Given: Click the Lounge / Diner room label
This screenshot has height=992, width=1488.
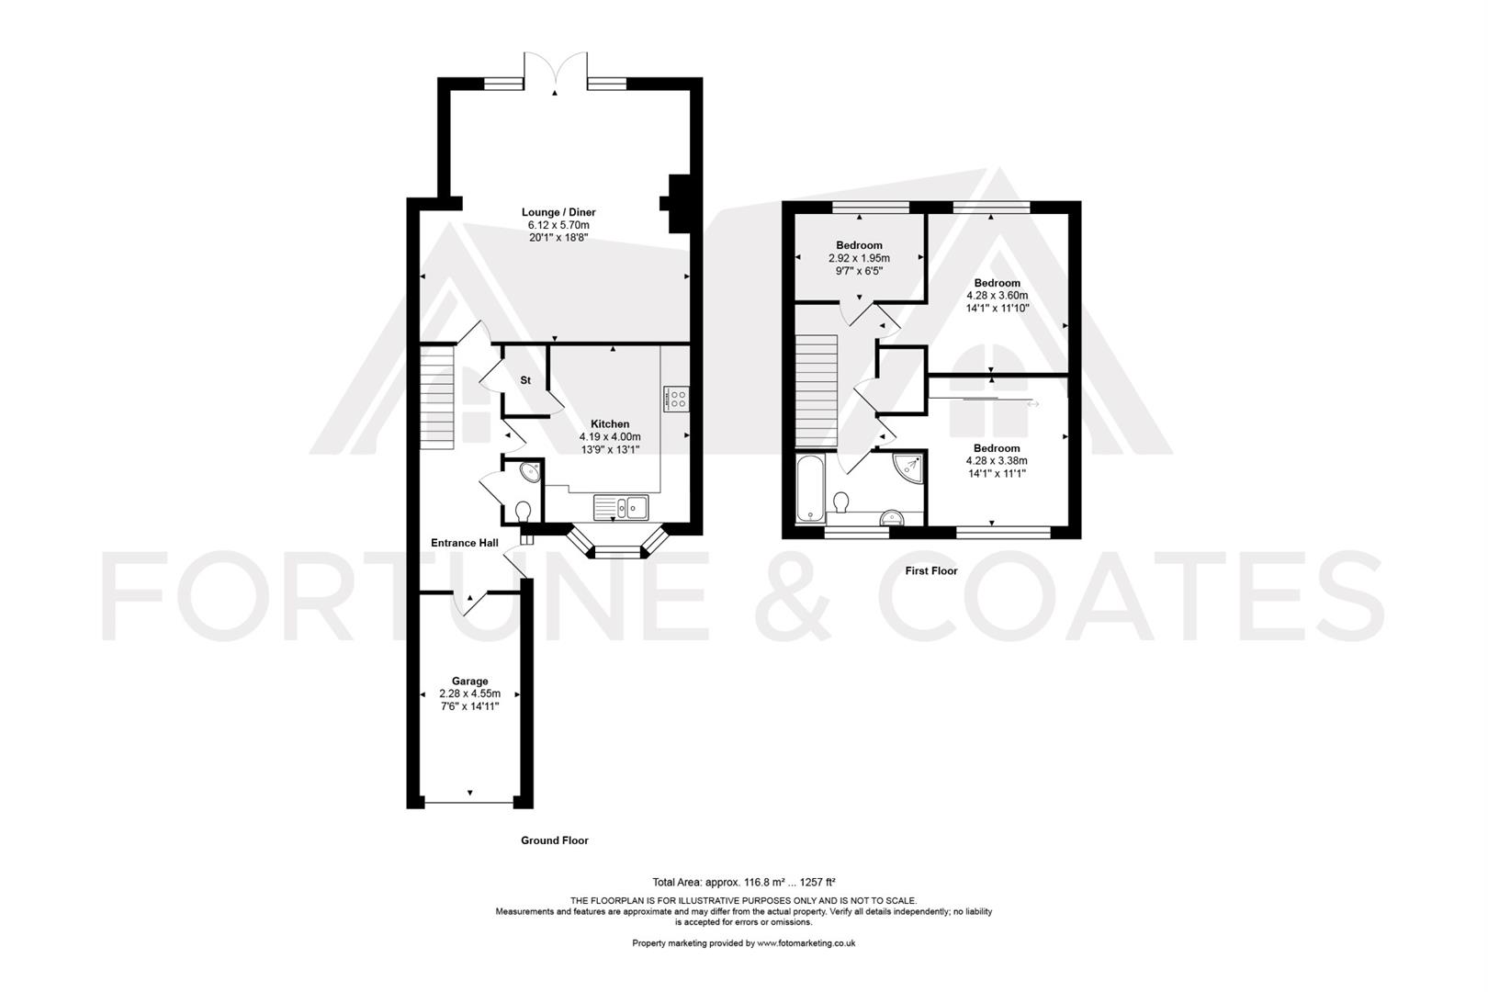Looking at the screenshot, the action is (x=558, y=212).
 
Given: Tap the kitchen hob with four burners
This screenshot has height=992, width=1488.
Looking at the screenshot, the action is (x=676, y=399).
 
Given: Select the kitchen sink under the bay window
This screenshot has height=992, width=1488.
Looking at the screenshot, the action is (x=621, y=508).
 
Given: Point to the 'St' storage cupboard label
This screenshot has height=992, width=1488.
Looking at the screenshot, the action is (x=525, y=380).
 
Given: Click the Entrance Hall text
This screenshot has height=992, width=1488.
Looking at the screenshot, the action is (x=465, y=543).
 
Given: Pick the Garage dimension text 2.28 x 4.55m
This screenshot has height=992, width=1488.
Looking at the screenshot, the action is (x=469, y=693).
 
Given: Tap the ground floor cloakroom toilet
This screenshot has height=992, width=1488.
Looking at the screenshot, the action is (x=524, y=512).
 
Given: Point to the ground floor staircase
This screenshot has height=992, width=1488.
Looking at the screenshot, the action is (x=437, y=397).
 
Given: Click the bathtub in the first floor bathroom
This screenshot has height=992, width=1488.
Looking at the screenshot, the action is (x=810, y=489).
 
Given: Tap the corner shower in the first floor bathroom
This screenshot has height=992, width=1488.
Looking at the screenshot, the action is (x=908, y=468).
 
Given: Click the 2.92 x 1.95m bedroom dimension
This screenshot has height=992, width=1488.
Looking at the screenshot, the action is (x=859, y=258).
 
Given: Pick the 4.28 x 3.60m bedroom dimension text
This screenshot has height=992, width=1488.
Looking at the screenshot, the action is (x=998, y=296).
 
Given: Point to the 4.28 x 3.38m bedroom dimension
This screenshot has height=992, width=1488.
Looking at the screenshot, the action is (x=997, y=461).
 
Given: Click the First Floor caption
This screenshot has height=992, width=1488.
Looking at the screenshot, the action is (x=931, y=570).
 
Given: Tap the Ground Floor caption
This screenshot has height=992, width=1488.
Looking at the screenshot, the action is (x=555, y=840).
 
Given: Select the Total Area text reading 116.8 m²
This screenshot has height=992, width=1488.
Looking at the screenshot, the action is (x=743, y=883).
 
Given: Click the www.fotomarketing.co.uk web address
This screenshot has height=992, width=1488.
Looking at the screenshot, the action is (x=806, y=942).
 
